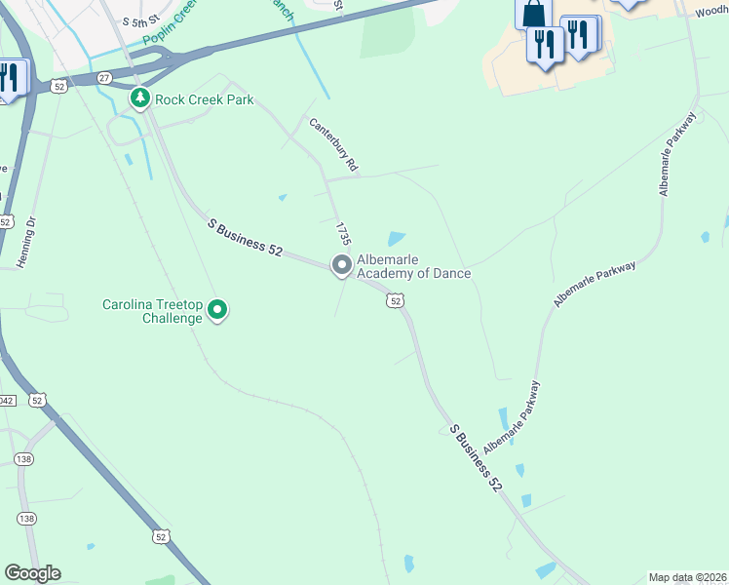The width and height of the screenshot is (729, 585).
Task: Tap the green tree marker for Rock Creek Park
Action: [x=140, y=98]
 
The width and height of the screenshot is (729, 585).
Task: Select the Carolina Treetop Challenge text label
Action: [x=154, y=311]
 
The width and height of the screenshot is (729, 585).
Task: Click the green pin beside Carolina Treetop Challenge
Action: [x=216, y=311]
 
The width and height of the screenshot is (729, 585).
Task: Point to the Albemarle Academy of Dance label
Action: [x=413, y=266]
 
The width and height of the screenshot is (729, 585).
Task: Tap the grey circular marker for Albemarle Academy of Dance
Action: [x=341, y=264]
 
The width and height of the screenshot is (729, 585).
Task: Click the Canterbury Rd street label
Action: [x=334, y=146]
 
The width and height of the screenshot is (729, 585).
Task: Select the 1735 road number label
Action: [x=343, y=234]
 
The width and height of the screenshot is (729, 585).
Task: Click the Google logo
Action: [x=32, y=572]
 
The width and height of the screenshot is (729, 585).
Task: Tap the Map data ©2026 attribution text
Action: [x=687, y=577]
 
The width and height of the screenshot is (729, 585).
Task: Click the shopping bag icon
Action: [x=534, y=14]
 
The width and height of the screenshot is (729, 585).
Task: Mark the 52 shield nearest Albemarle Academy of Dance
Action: [x=395, y=301]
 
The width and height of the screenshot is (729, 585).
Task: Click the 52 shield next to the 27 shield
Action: [x=60, y=87]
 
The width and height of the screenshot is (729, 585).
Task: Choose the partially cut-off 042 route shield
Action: [x=5, y=400]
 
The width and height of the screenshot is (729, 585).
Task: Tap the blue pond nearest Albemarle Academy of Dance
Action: [x=397, y=238]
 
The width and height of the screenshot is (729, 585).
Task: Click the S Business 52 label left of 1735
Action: [x=245, y=237]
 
